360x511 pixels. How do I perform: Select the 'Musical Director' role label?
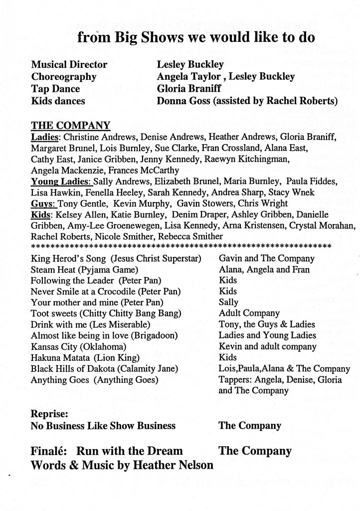(x=69, y=65)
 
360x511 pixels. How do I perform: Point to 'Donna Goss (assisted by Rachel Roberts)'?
(x=247, y=101)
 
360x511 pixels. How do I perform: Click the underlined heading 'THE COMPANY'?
(x=70, y=125)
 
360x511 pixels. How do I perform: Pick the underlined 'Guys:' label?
(x=43, y=203)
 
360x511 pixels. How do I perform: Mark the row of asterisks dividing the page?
(x=181, y=246)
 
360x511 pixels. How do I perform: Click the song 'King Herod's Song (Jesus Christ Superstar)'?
(x=116, y=258)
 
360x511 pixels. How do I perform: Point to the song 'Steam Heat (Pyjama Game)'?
(x=84, y=269)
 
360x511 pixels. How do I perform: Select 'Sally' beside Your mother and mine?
(x=229, y=302)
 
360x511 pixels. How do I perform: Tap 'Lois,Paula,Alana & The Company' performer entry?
(x=284, y=369)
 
